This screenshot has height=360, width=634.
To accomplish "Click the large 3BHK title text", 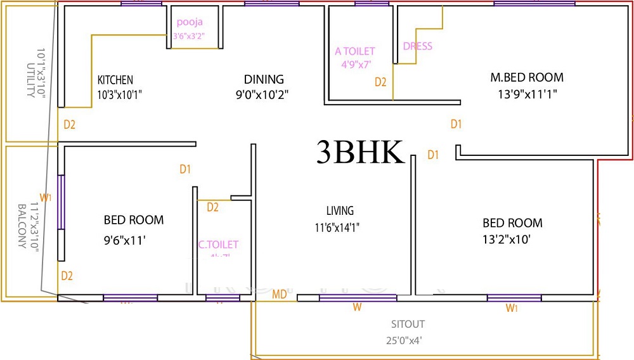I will tap(359, 153).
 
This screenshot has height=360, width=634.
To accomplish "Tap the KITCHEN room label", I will tap(115, 80).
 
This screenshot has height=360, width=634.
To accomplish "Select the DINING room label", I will tap(264, 79).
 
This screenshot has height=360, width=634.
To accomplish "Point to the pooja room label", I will tap(190, 22).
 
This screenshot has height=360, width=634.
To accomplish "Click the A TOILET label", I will tap(355, 51).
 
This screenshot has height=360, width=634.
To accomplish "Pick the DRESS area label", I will tap(417, 46).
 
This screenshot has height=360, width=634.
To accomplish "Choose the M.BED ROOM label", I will tap(527, 78).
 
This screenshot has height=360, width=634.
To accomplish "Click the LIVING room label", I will tap(340, 211).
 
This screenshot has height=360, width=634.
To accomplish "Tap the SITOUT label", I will tap(408, 325).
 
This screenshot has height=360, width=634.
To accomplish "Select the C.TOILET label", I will tap(218, 245).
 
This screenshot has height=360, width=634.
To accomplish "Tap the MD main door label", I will tap(279, 295).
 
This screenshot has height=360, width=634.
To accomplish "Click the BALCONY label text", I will tap(22, 226).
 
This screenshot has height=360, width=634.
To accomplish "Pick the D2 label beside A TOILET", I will tap(380, 82).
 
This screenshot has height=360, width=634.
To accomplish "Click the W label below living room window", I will tap(358, 308).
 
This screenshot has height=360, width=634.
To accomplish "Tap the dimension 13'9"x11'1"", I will tap(527, 95).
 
